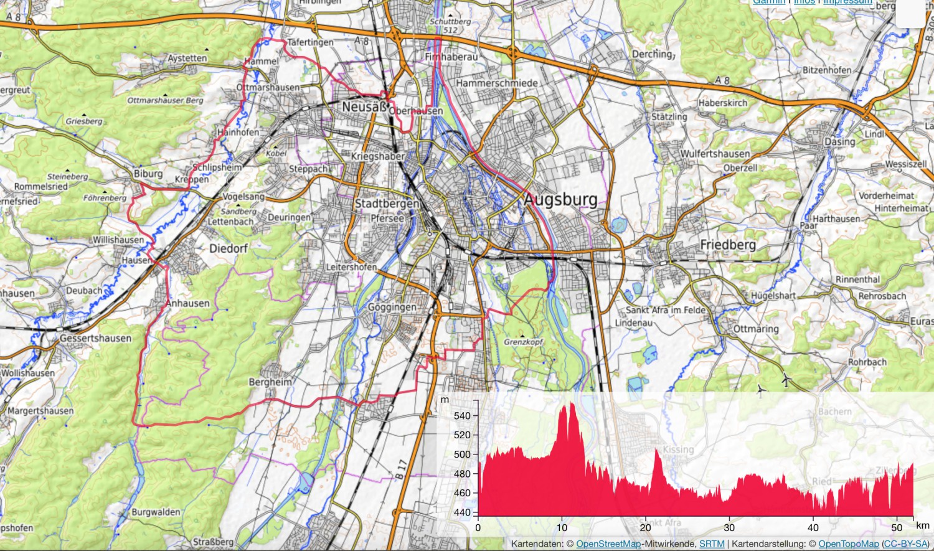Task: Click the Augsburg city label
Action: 560,200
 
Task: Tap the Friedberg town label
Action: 727,245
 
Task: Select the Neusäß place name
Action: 364,108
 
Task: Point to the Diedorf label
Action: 229,248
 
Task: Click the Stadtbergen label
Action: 387,204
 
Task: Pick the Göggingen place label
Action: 392,307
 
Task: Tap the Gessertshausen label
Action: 96,338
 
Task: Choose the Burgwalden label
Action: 156,512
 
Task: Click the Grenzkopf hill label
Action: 524,342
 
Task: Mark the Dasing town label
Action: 840,142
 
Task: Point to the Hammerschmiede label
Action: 497,83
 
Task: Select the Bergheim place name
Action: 270,382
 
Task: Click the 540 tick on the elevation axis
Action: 463,415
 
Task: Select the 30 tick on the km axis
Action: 730,527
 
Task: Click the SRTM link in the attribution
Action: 712,544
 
